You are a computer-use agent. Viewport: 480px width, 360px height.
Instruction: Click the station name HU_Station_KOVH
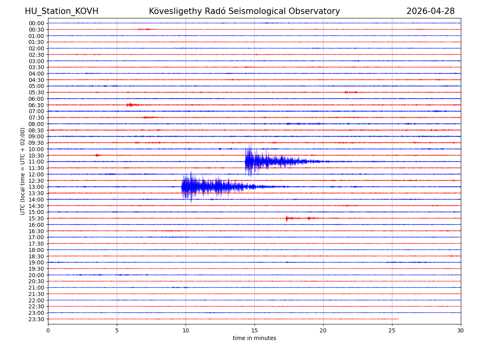pos(62,11)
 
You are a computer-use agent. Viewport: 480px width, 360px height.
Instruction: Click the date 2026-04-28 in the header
pos(430,11)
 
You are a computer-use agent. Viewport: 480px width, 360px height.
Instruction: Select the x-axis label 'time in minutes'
pos(254,338)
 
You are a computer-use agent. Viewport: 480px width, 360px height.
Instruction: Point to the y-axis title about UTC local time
pos(23,171)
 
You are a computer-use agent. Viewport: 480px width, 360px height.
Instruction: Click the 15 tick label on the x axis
pos(254,331)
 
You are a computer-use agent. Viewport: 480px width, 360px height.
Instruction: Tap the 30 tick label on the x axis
pos(460,331)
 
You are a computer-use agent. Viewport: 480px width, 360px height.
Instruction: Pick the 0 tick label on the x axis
pos(48,331)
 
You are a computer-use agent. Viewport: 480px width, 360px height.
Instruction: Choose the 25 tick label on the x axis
pos(392,331)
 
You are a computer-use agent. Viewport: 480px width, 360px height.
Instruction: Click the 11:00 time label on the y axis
pos(36,162)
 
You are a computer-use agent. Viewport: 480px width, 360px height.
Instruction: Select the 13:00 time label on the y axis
pos(36,187)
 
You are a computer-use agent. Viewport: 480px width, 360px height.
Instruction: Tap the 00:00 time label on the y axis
pos(36,23)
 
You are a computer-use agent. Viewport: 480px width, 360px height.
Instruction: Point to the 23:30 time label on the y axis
pos(36,319)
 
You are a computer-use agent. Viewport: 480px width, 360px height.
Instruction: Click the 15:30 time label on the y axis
pos(36,218)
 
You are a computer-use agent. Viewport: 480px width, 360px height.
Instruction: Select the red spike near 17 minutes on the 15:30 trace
pos(286,218)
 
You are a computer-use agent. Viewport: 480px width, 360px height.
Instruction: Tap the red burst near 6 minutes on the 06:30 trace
pos(130,105)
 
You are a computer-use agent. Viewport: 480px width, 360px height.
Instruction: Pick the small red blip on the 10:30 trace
pos(97,155)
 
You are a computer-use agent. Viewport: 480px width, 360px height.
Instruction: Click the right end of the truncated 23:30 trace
pos(398,319)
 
